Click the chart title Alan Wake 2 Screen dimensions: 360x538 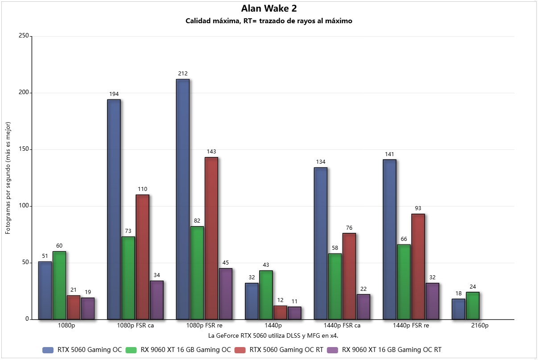(x=269, y=8)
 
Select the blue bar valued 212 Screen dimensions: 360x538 (x=182, y=199)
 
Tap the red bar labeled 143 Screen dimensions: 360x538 (x=211, y=238)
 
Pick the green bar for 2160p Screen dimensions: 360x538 (x=472, y=306)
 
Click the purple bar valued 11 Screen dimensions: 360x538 (x=294, y=313)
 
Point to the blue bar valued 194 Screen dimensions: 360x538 (x=114, y=209)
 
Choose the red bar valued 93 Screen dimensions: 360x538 (x=418, y=267)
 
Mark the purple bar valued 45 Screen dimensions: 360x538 (x=225, y=294)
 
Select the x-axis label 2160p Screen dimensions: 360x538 (x=480, y=326)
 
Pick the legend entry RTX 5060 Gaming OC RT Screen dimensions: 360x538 (x=286, y=350)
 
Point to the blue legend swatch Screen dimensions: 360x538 (x=48, y=350)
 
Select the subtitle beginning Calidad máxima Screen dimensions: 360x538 (x=269, y=21)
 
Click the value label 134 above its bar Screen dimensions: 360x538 (x=321, y=161)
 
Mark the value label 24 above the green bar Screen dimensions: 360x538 (x=472, y=286)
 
